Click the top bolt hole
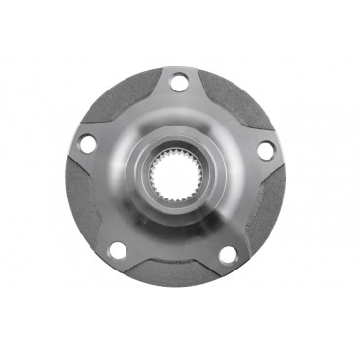[x=178, y=83]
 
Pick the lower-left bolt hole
[x=118, y=251]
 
